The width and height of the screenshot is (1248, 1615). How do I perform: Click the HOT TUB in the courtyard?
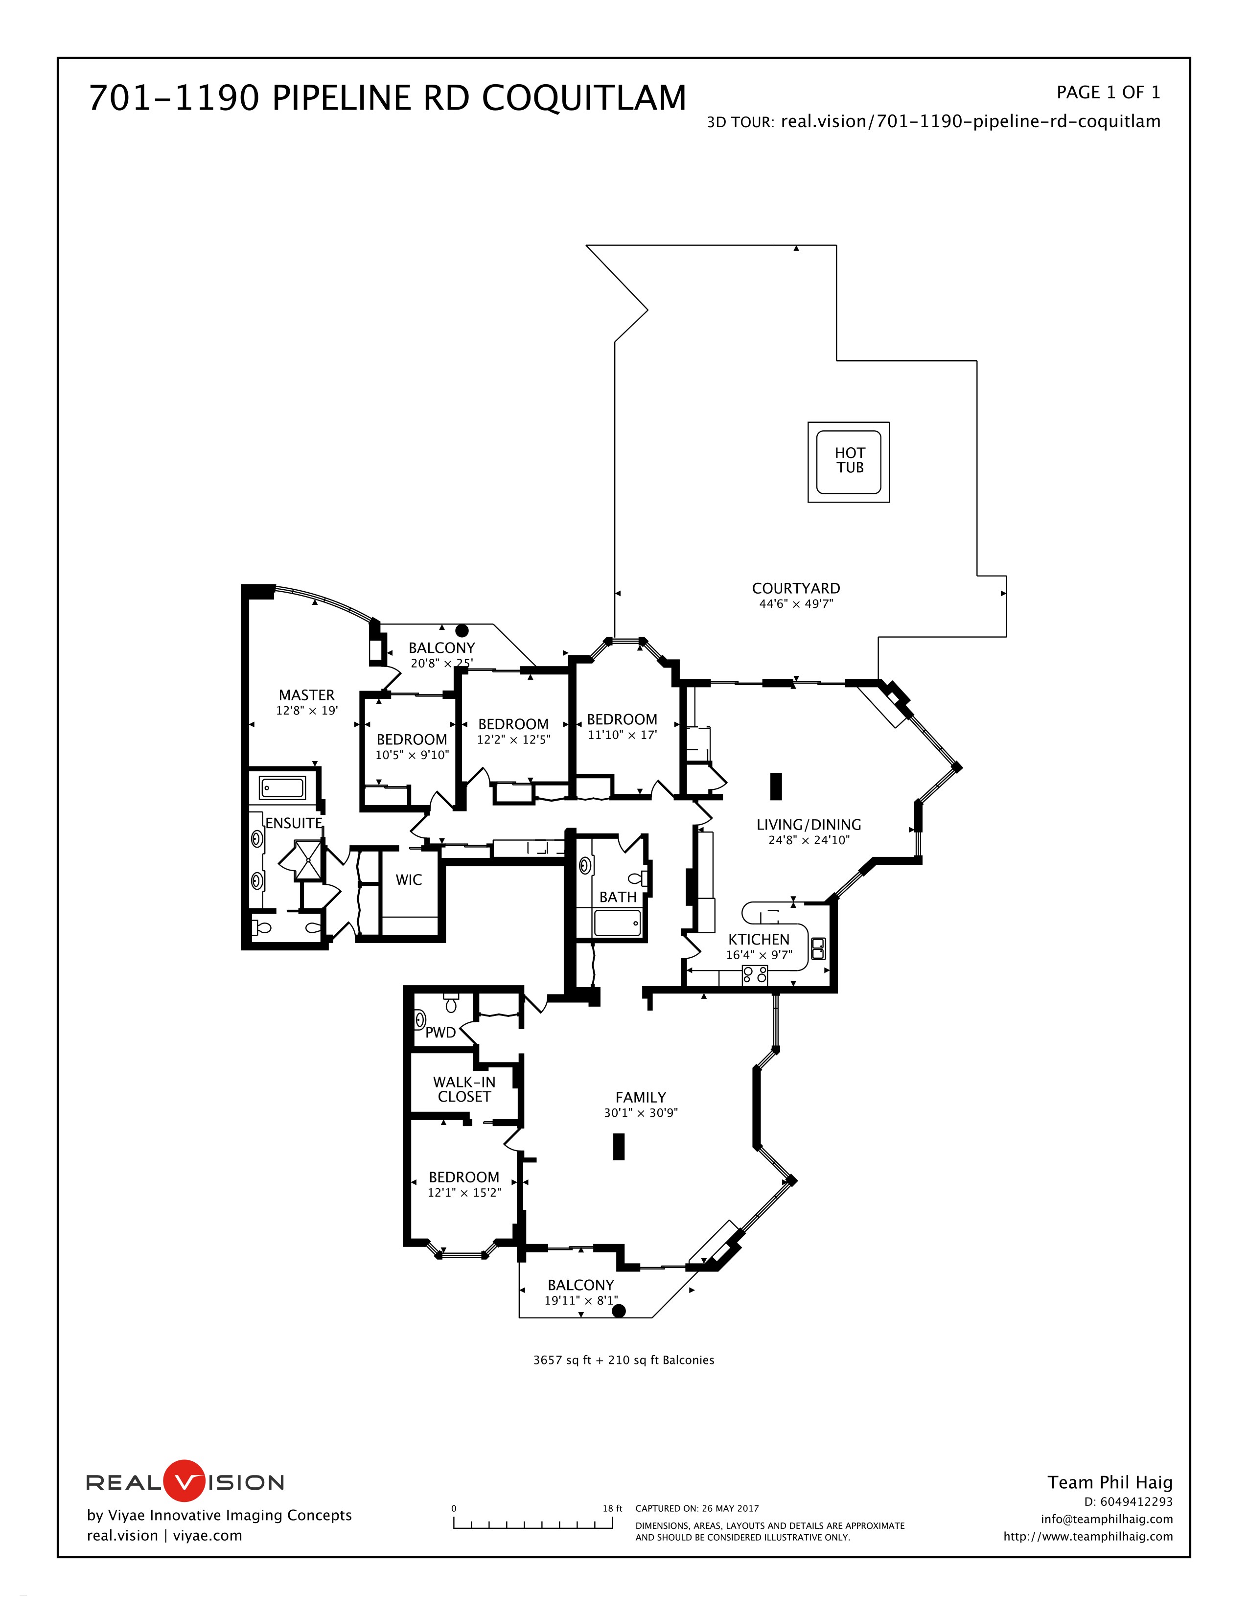(848, 462)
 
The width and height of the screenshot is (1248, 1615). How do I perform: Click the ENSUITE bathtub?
(282, 787)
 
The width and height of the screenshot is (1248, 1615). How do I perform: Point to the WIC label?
(409, 880)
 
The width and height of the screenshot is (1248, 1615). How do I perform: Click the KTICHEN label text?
(759, 939)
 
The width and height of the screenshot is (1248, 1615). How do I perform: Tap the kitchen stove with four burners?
(754, 975)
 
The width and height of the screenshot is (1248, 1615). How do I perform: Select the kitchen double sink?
(818, 948)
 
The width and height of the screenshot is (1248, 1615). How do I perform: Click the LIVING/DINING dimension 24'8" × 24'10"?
(809, 840)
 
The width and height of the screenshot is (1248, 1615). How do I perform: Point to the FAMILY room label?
(640, 1097)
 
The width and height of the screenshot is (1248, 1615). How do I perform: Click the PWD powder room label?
(440, 1032)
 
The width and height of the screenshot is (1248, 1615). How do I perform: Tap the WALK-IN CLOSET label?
(464, 1089)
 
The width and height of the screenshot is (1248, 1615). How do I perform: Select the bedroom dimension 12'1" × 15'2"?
(464, 1192)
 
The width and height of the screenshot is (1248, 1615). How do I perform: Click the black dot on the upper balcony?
(462, 631)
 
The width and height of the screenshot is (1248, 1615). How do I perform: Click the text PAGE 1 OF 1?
(1108, 92)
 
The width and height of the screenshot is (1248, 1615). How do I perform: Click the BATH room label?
(617, 897)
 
